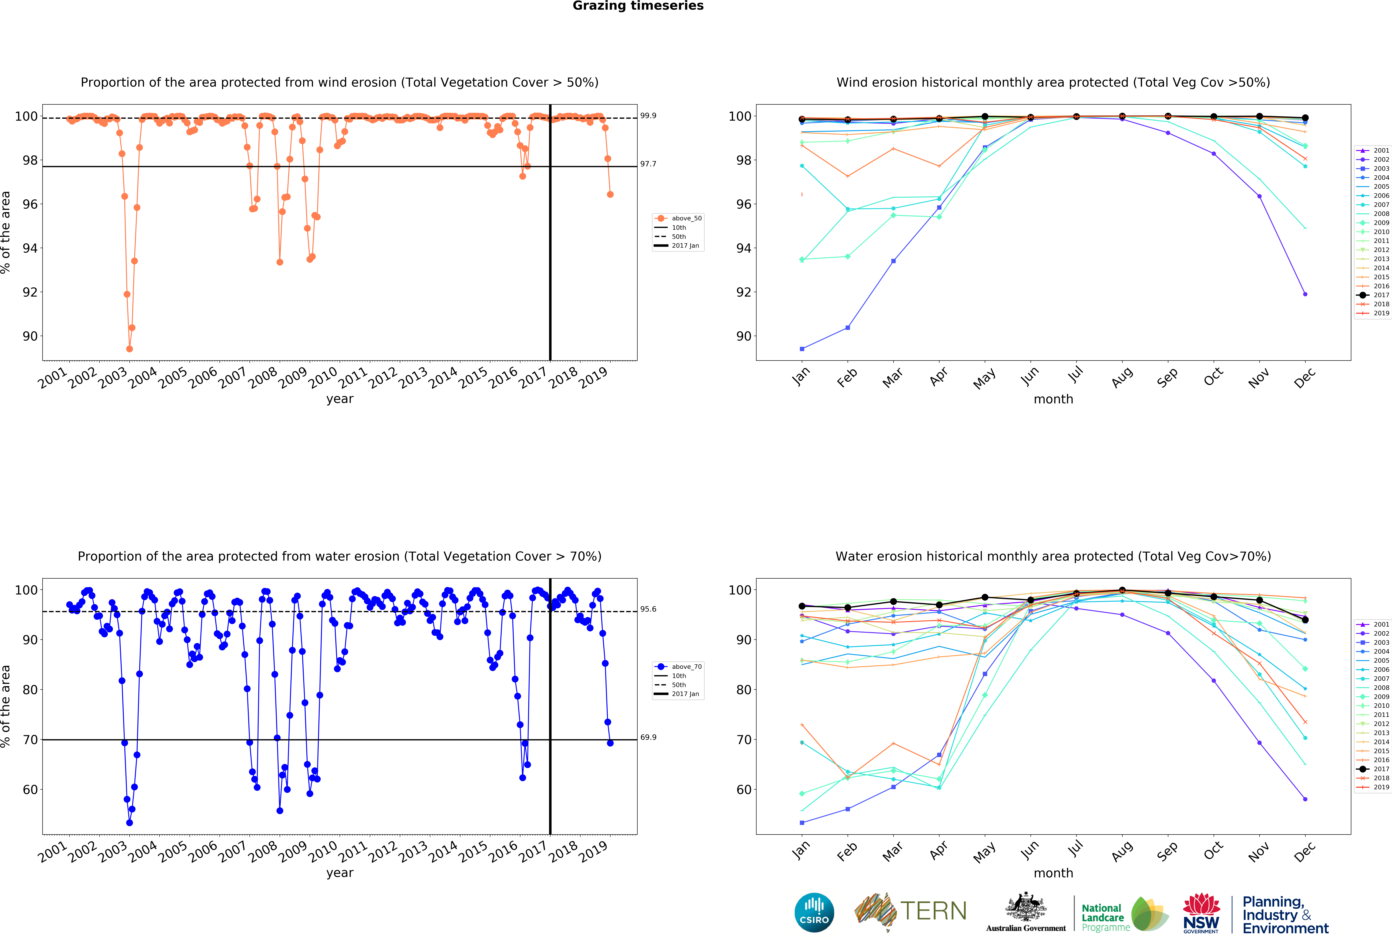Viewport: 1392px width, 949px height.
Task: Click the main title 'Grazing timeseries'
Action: pyautogui.click(x=638, y=6)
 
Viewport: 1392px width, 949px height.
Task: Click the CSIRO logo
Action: pyautogui.click(x=814, y=912)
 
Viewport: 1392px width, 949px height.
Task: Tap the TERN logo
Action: pyautogui.click(x=910, y=911)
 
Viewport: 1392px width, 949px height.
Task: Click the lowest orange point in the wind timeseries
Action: pyautogui.click(x=129, y=349)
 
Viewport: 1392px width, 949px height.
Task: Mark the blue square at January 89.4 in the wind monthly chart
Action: pyautogui.click(x=802, y=349)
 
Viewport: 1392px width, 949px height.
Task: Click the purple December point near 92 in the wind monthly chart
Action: pyautogui.click(x=1305, y=294)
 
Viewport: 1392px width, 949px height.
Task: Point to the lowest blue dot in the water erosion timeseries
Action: pyautogui.click(x=129, y=823)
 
